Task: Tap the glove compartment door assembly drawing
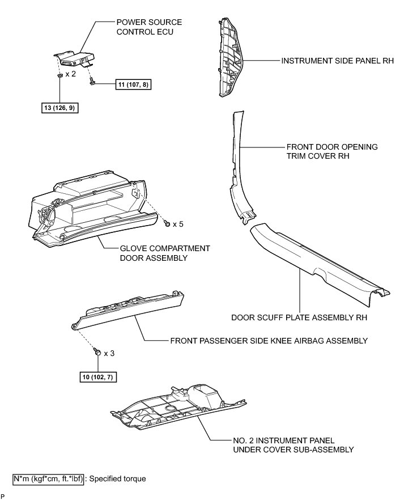(x=91, y=210)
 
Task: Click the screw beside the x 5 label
(x=167, y=223)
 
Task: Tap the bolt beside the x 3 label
(x=97, y=352)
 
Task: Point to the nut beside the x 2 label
(x=59, y=74)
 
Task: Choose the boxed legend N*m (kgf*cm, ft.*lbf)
(x=49, y=479)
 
